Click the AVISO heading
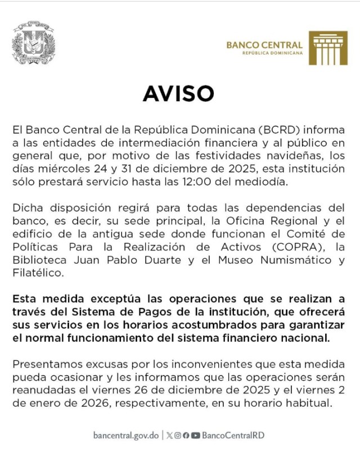point(178,93)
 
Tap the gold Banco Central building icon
point(327,48)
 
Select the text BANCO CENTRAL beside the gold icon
point(264,44)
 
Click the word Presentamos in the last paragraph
point(44,365)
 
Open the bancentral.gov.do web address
point(126,434)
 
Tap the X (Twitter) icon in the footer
point(170,435)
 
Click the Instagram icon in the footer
point(178,435)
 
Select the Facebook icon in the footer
point(186,435)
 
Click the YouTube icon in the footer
point(195,435)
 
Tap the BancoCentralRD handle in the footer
point(233,434)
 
